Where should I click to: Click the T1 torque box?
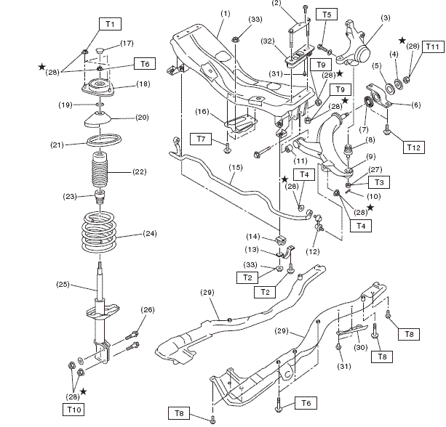click(x=111, y=24)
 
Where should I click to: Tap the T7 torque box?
click(x=202, y=138)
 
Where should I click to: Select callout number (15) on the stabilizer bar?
click(x=236, y=167)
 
